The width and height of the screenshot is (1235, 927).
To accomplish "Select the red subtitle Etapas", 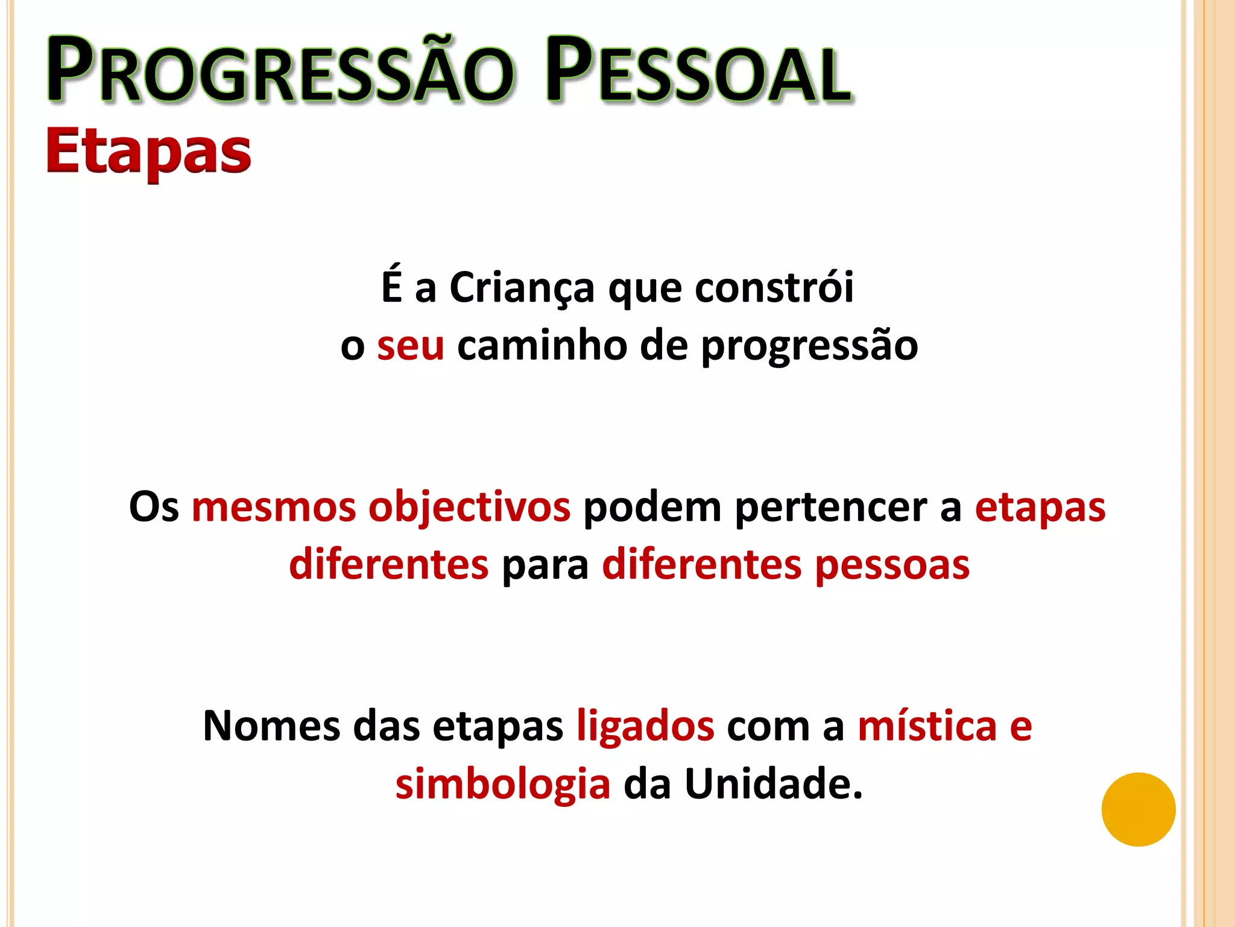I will (148, 151).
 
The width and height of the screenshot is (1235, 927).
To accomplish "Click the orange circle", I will (1138, 809).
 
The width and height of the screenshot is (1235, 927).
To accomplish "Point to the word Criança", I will (522, 288).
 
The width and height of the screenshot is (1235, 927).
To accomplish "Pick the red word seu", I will (411, 346).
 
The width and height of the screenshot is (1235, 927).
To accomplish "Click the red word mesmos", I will (274, 506).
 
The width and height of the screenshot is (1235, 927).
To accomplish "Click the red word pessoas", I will (892, 566).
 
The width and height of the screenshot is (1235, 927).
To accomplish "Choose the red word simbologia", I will (503, 785).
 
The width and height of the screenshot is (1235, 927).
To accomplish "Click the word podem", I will (652, 508).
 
